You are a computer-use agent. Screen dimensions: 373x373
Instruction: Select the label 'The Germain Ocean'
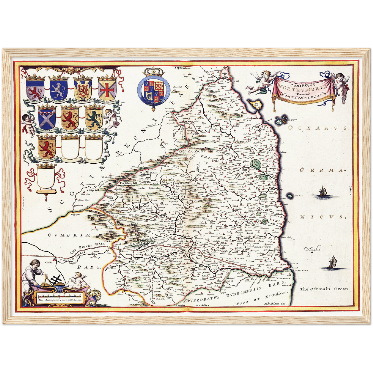pyautogui.click(x=324, y=289)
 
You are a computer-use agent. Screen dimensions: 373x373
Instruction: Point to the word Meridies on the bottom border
pyautogui.click(x=203, y=305)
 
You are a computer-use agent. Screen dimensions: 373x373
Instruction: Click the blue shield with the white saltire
pyautogui.click(x=46, y=118)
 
